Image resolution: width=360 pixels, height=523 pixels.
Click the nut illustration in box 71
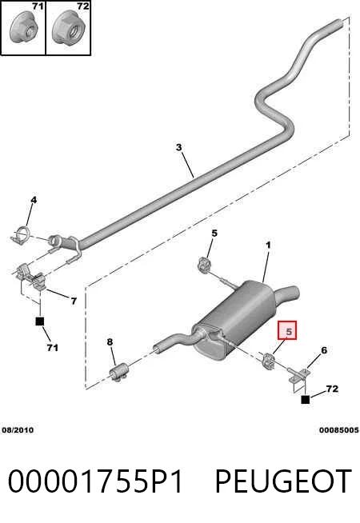point(24,29)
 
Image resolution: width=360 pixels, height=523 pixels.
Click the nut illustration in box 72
point(70,27)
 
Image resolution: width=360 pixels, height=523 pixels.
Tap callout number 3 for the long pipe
point(179,147)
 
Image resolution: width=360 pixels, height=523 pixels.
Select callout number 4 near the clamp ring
point(34,200)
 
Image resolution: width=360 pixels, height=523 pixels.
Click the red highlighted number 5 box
point(287,330)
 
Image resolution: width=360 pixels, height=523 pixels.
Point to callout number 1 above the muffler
point(268,246)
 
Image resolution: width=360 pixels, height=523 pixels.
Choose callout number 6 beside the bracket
point(324,350)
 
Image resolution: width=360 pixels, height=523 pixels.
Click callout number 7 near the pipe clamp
point(74,301)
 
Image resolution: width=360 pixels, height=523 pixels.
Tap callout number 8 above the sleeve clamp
point(110,342)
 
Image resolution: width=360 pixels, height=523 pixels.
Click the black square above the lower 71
point(40,321)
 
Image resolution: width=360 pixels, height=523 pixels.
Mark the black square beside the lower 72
point(306,399)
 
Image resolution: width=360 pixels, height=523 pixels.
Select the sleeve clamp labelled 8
point(119,372)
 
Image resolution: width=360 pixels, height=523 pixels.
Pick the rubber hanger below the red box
point(268,361)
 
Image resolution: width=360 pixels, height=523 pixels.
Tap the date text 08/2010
point(18,430)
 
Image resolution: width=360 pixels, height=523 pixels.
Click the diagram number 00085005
point(338,430)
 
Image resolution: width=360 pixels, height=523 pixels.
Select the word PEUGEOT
point(283,481)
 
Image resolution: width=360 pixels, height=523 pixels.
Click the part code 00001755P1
point(95,481)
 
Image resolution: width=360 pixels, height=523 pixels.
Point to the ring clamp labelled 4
point(21,235)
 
